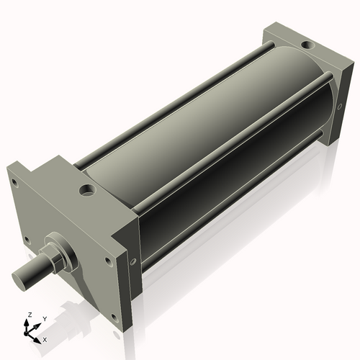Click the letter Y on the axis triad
[x=44, y=318]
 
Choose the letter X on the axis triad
[x=45, y=338]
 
